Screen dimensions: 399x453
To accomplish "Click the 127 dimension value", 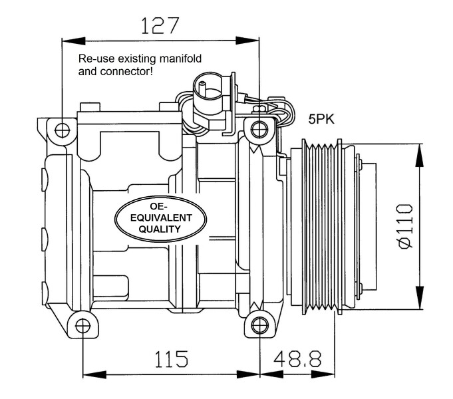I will coord(160,25).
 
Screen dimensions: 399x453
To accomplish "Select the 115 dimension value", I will coord(172,359).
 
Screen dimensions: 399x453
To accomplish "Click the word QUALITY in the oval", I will coord(160,229).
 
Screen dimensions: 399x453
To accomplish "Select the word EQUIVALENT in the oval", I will coord(160,217).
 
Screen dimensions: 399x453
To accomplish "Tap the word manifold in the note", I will coord(182,59).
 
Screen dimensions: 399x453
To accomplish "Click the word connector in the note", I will coord(126,70).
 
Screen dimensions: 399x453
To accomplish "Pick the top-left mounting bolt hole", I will coord(63,129).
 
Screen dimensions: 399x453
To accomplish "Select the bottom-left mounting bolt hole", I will coord(82,326).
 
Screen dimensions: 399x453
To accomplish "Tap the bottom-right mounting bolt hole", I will coord(259,326).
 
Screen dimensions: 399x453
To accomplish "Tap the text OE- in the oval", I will coord(160,206).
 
